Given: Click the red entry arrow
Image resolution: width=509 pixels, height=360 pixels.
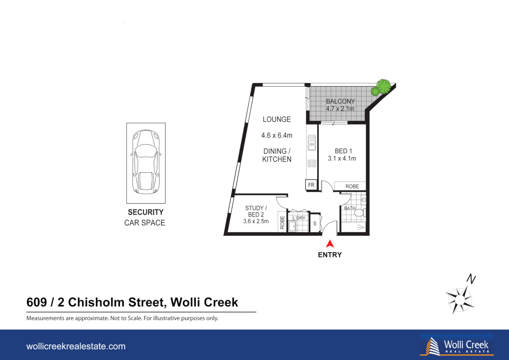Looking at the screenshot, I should click(x=330, y=244).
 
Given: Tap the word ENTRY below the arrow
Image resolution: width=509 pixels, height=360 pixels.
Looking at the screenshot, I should click(x=330, y=255).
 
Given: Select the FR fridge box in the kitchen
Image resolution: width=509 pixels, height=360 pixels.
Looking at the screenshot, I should click(x=311, y=185).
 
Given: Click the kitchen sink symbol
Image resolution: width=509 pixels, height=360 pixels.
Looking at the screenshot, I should click(x=312, y=143).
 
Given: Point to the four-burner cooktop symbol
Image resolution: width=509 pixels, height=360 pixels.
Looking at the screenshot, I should click(x=312, y=163).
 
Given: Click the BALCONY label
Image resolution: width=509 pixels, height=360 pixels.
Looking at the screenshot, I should click(x=340, y=101).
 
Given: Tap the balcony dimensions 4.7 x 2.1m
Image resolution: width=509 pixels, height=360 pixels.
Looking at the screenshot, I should click(x=340, y=109).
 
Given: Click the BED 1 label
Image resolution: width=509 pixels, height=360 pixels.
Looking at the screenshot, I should click(x=343, y=151).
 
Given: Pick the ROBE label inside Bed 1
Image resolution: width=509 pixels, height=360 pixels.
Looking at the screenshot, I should click(x=352, y=186).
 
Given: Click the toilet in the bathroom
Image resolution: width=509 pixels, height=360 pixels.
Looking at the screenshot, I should click(x=360, y=212).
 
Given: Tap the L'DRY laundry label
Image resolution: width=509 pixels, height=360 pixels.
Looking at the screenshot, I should click(x=299, y=218).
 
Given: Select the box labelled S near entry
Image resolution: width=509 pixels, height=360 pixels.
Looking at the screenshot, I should click(x=315, y=224).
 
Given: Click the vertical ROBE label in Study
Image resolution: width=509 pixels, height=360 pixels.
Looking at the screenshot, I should click(x=282, y=222).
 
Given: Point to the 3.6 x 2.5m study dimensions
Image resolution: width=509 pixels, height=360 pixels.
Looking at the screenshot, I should click(x=256, y=221).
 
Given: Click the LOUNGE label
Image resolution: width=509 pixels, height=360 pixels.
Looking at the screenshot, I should click(x=276, y=119).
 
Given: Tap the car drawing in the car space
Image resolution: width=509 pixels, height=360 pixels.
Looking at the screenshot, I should click(x=146, y=162).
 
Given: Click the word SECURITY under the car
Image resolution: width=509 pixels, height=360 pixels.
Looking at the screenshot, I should click(x=146, y=212).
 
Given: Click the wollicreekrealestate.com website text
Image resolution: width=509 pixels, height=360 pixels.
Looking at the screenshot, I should click(x=76, y=346).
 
